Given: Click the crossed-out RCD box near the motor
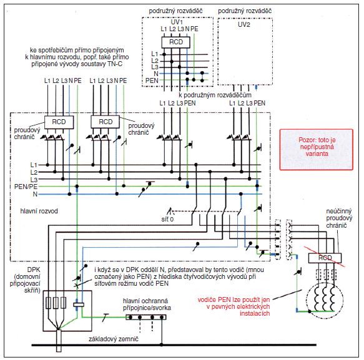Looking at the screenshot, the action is [x=325, y=258].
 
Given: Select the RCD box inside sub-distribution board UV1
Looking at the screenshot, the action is [x=175, y=42].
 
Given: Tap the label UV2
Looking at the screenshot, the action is [x=244, y=24].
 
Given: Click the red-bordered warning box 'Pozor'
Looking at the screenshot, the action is [x=317, y=150].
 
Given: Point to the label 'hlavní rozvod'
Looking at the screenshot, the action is [x=39, y=211].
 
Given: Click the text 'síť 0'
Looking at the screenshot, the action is [x=167, y=219].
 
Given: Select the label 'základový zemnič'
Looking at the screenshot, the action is [x=114, y=339].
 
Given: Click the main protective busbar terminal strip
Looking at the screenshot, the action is [x=146, y=317].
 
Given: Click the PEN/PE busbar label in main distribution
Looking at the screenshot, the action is [x=26, y=187].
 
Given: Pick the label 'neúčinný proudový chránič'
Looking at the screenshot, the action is [x=339, y=218].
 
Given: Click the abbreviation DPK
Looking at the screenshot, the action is [x=34, y=270].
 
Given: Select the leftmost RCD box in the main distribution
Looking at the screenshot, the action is [x=59, y=122].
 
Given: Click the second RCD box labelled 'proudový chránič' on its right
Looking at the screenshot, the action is [x=105, y=122].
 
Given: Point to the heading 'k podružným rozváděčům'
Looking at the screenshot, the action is [x=215, y=95].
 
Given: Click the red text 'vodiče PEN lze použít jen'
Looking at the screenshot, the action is [x=234, y=299].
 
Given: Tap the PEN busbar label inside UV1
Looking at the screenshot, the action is [x=152, y=80].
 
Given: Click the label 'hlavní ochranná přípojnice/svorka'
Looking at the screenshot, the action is [x=147, y=304].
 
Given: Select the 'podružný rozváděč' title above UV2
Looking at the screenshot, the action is [x=245, y=11].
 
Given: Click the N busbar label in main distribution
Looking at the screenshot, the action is [x=35, y=194].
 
